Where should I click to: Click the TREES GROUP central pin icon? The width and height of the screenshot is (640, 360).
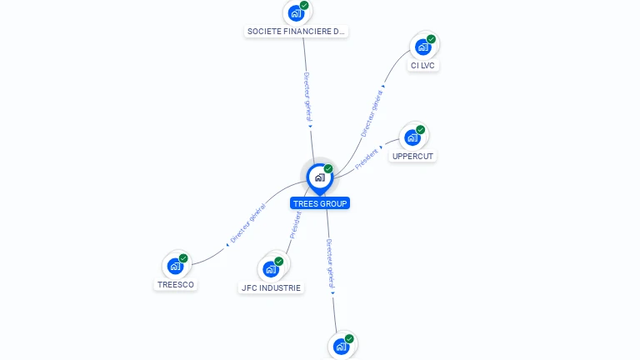point(319,177)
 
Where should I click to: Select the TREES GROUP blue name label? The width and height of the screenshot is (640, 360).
point(320,203)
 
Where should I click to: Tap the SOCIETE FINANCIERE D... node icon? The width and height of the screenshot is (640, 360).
point(295,13)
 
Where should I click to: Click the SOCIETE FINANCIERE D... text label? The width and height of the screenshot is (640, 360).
point(296,32)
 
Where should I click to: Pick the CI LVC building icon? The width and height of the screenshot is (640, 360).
point(422,47)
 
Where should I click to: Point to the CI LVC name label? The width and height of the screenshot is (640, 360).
point(422,66)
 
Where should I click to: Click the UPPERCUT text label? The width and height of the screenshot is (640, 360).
point(413,156)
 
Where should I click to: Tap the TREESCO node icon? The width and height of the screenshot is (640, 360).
point(175,266)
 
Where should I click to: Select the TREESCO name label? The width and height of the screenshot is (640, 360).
point(175,284)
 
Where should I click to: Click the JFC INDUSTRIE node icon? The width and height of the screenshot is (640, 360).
point(271,269)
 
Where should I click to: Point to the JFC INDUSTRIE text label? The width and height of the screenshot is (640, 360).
point(271,288)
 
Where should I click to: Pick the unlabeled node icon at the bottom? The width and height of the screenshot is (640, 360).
point(341,347)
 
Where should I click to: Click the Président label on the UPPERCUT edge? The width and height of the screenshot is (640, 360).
point(367,159)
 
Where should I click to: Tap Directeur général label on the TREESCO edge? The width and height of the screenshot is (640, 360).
point(248,223)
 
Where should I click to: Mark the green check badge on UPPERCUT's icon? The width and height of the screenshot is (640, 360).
point(421,130)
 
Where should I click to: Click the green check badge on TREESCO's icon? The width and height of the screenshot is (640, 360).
point(183,258)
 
